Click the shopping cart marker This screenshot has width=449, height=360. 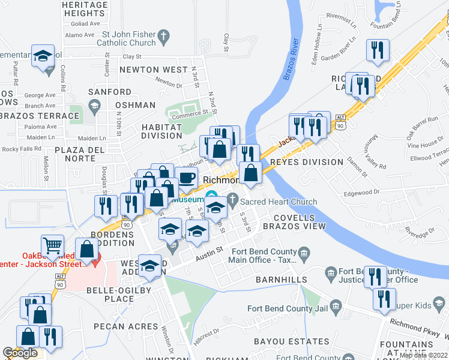(52, 245)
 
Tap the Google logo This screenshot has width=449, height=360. (20, 353)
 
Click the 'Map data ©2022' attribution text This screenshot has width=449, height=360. (423, 355)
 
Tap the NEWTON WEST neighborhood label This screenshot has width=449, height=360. (153, 70)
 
